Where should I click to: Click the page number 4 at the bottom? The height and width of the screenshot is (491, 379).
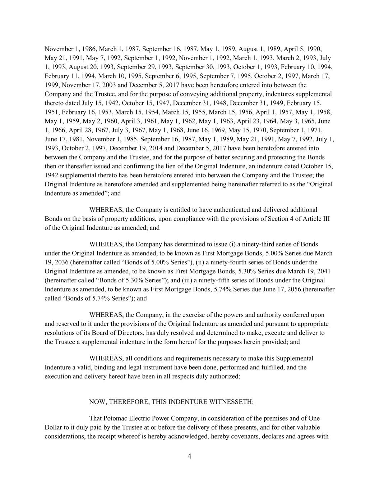[x=189, y=456]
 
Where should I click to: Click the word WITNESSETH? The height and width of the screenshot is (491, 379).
[x=235, y=402]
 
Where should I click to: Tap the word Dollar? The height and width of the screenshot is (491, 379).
[x=54, y=427]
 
